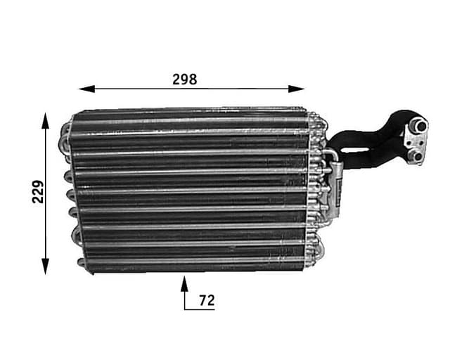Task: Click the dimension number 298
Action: [x=185, y=79]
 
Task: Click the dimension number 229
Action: [x=38, y=191]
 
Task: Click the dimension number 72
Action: [x=206, y=301]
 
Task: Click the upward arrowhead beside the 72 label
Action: [x=185, y=283]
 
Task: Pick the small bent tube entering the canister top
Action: [x=328, y=155]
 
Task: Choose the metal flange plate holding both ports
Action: [x=416, y=141]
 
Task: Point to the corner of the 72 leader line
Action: [x=185, y=309]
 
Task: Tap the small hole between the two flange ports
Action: [x=415, y=141]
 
